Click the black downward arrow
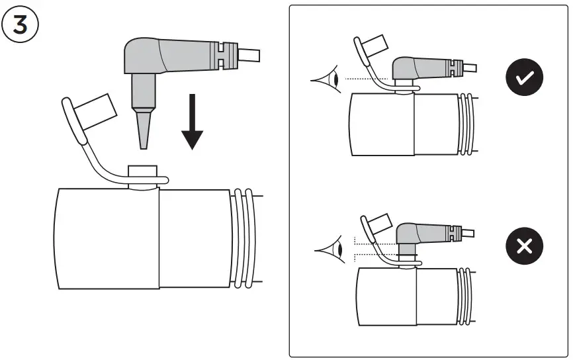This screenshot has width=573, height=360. point(193,122)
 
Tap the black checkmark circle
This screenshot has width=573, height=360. point(524,78)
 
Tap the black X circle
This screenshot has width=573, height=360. point(524,247)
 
